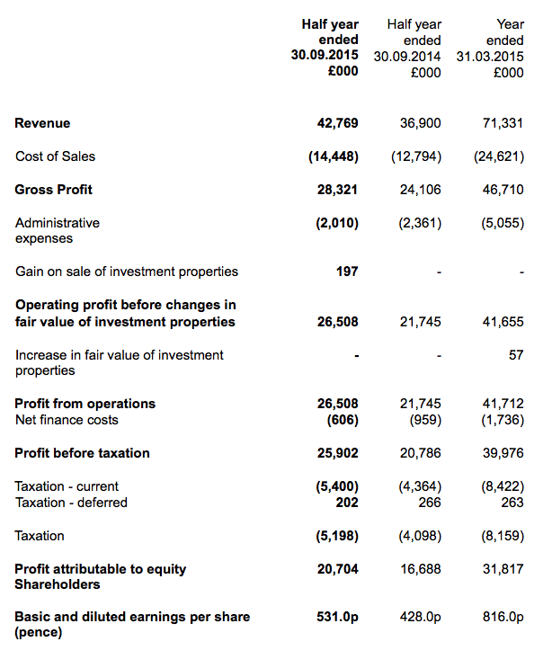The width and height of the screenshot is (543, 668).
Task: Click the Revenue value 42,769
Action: point(337,123)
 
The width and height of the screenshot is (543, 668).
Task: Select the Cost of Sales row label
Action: point(56,156)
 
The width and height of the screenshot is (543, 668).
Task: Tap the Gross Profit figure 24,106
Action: point(421,190)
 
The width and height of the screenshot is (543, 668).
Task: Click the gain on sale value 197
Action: point(347,272)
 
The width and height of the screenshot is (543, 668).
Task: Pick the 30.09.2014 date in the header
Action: point(407,57)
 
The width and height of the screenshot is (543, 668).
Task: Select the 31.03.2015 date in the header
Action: point(490,57)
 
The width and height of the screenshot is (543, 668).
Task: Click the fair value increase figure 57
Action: point(516,355)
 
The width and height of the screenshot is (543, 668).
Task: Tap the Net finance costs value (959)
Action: point(425,420)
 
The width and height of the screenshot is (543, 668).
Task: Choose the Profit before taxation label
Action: point(82,453)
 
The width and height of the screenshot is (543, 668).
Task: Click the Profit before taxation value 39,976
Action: point(503,453)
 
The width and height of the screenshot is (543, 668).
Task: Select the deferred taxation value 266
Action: point(430,503)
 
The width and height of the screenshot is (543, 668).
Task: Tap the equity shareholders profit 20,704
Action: point(337,569)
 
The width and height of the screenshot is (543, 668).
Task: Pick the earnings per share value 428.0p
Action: point(421,617)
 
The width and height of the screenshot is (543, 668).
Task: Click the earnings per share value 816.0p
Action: point(503,617)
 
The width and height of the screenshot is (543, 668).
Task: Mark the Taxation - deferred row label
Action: point(71,503)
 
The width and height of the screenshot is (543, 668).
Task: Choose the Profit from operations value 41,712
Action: point(503,404)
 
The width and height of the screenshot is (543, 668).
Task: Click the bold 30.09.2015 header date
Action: point(325,55)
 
